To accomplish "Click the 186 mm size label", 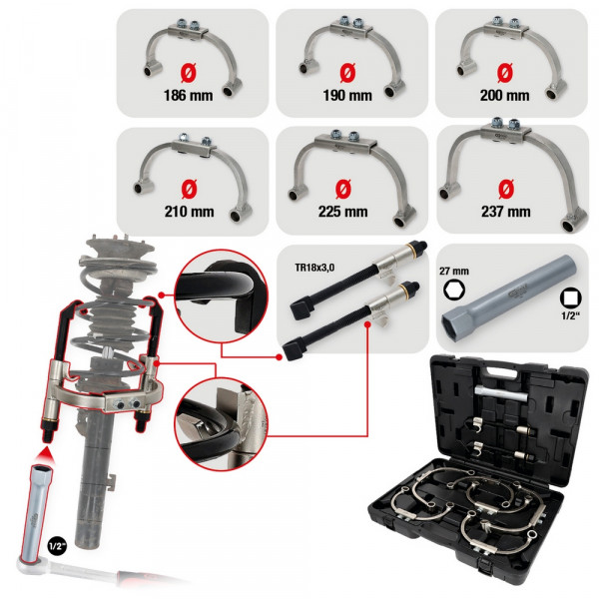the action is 189,96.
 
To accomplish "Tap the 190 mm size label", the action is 347,96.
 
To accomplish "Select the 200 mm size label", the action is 504,96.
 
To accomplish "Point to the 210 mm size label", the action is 189,212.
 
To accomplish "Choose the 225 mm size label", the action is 343,212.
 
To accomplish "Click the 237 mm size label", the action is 506,212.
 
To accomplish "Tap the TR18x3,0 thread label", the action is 314,268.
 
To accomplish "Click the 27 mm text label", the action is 454,272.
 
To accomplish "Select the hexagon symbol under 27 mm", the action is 454,290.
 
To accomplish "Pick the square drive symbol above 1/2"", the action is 570,298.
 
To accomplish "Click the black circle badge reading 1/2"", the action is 57,546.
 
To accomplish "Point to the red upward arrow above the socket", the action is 47,455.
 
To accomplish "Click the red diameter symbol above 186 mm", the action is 188,73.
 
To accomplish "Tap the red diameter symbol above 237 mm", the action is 506,189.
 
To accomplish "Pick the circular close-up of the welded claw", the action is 221,424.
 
